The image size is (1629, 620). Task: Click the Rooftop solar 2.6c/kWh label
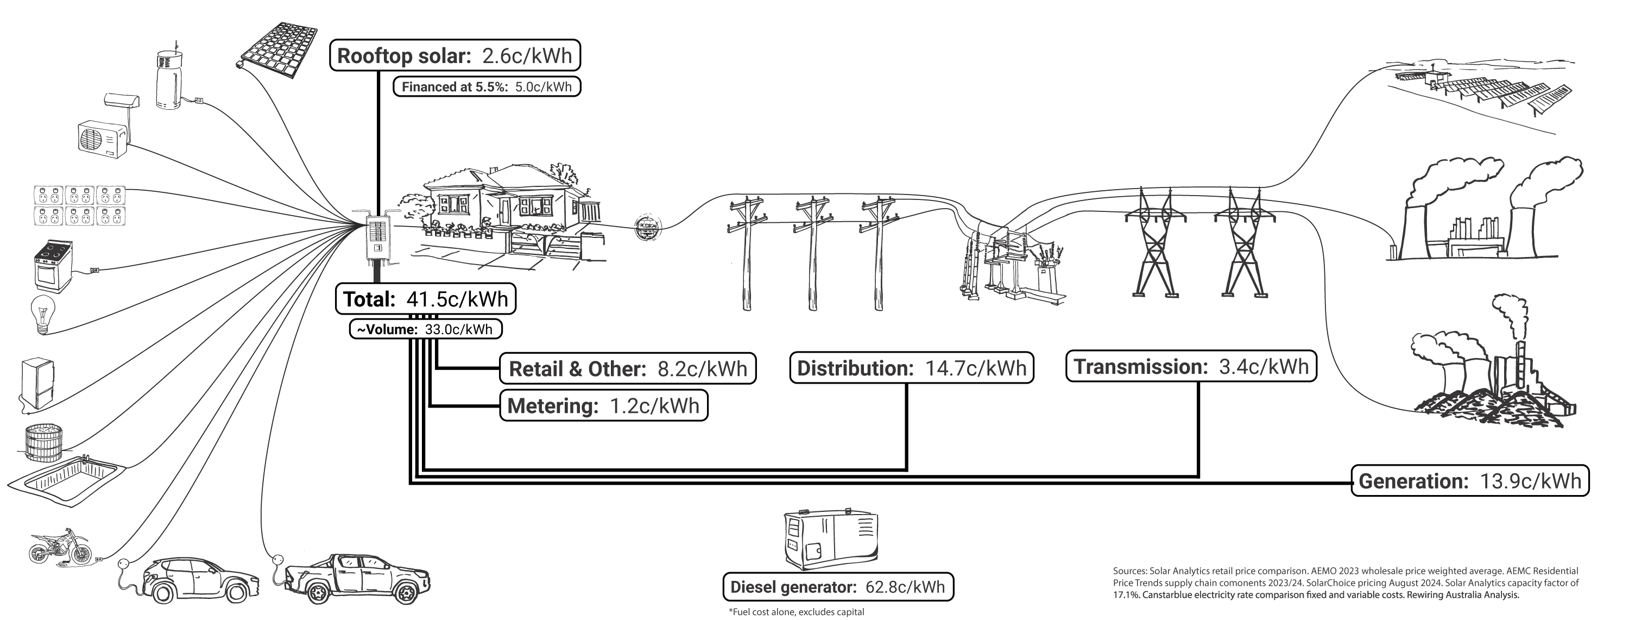(x=454, y=55)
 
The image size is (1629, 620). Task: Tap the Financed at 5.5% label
(x=487, y=87)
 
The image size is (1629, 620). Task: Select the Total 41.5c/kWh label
(x=425, y=299)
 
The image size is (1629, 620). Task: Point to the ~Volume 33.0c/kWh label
(x=425, y=329)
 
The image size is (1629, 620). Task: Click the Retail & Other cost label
(x=627, y=368)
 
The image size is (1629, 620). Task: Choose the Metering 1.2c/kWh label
(x=603, y=405)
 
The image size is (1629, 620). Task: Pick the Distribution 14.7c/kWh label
(x=911, y=367)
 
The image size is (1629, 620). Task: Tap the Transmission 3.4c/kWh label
(x=1191, y=366)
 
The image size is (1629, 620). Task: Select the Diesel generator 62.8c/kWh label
(x=837, y=586)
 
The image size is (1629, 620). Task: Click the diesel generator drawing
(x=830, y=540)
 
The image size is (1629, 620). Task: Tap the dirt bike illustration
(x=60, y=547)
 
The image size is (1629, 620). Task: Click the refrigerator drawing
(x=37, y=385)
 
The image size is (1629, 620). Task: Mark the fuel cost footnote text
(x=795, y=612)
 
